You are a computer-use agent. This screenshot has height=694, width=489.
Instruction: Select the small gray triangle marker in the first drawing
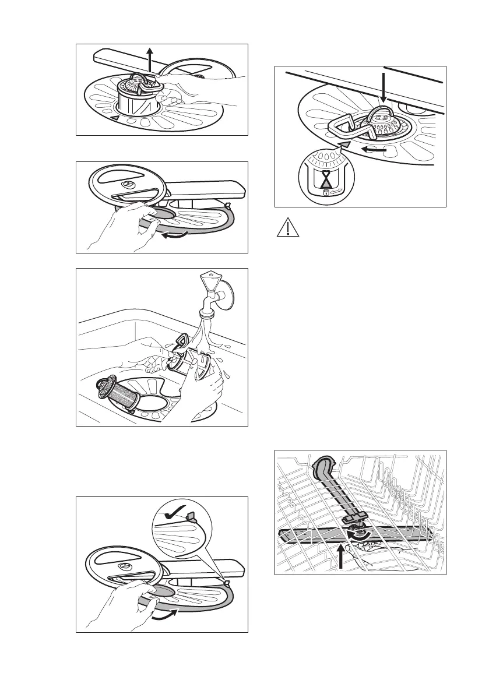115,118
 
